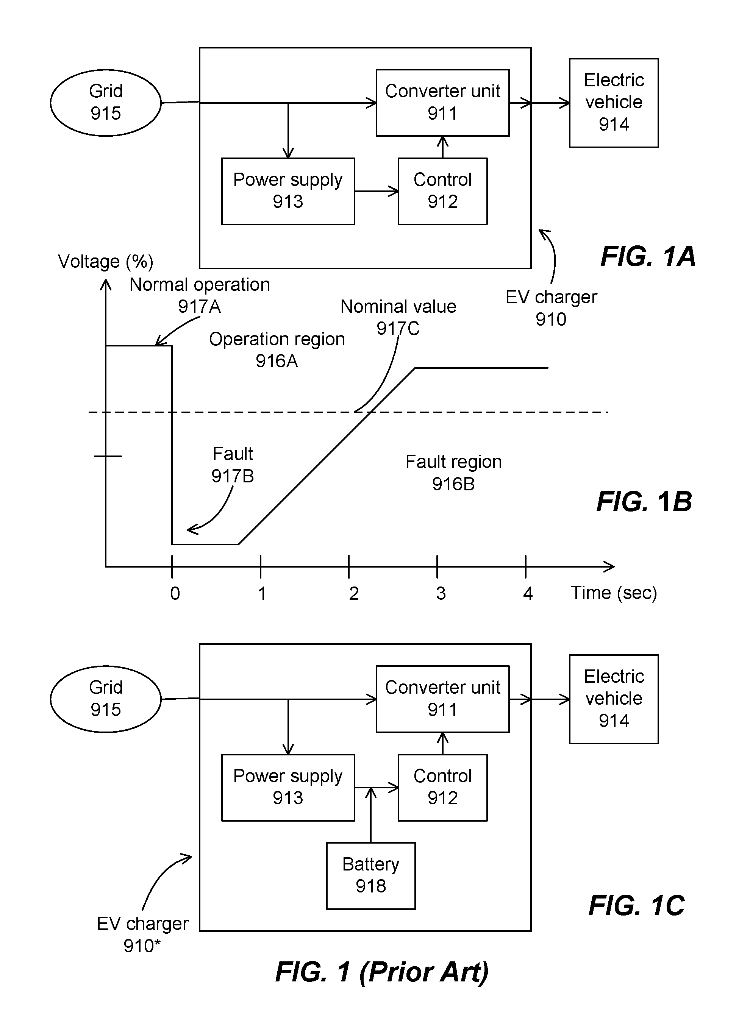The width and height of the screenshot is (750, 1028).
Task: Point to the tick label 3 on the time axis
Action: [441, 594]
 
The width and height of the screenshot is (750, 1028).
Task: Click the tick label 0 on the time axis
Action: [175, 594]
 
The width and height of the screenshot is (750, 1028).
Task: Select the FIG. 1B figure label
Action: [644, 502]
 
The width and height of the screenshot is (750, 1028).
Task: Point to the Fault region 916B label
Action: [453, 473]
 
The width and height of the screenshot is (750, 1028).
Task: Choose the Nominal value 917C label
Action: [398, 317]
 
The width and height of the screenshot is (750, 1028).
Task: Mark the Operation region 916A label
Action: [277, 350]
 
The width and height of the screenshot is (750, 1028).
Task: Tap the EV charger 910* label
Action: [142, 934]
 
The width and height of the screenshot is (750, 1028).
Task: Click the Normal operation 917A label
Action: [200, 295]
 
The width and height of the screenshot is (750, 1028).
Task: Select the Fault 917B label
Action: [233, 465]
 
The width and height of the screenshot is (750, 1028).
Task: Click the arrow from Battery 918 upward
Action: [371, 815]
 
